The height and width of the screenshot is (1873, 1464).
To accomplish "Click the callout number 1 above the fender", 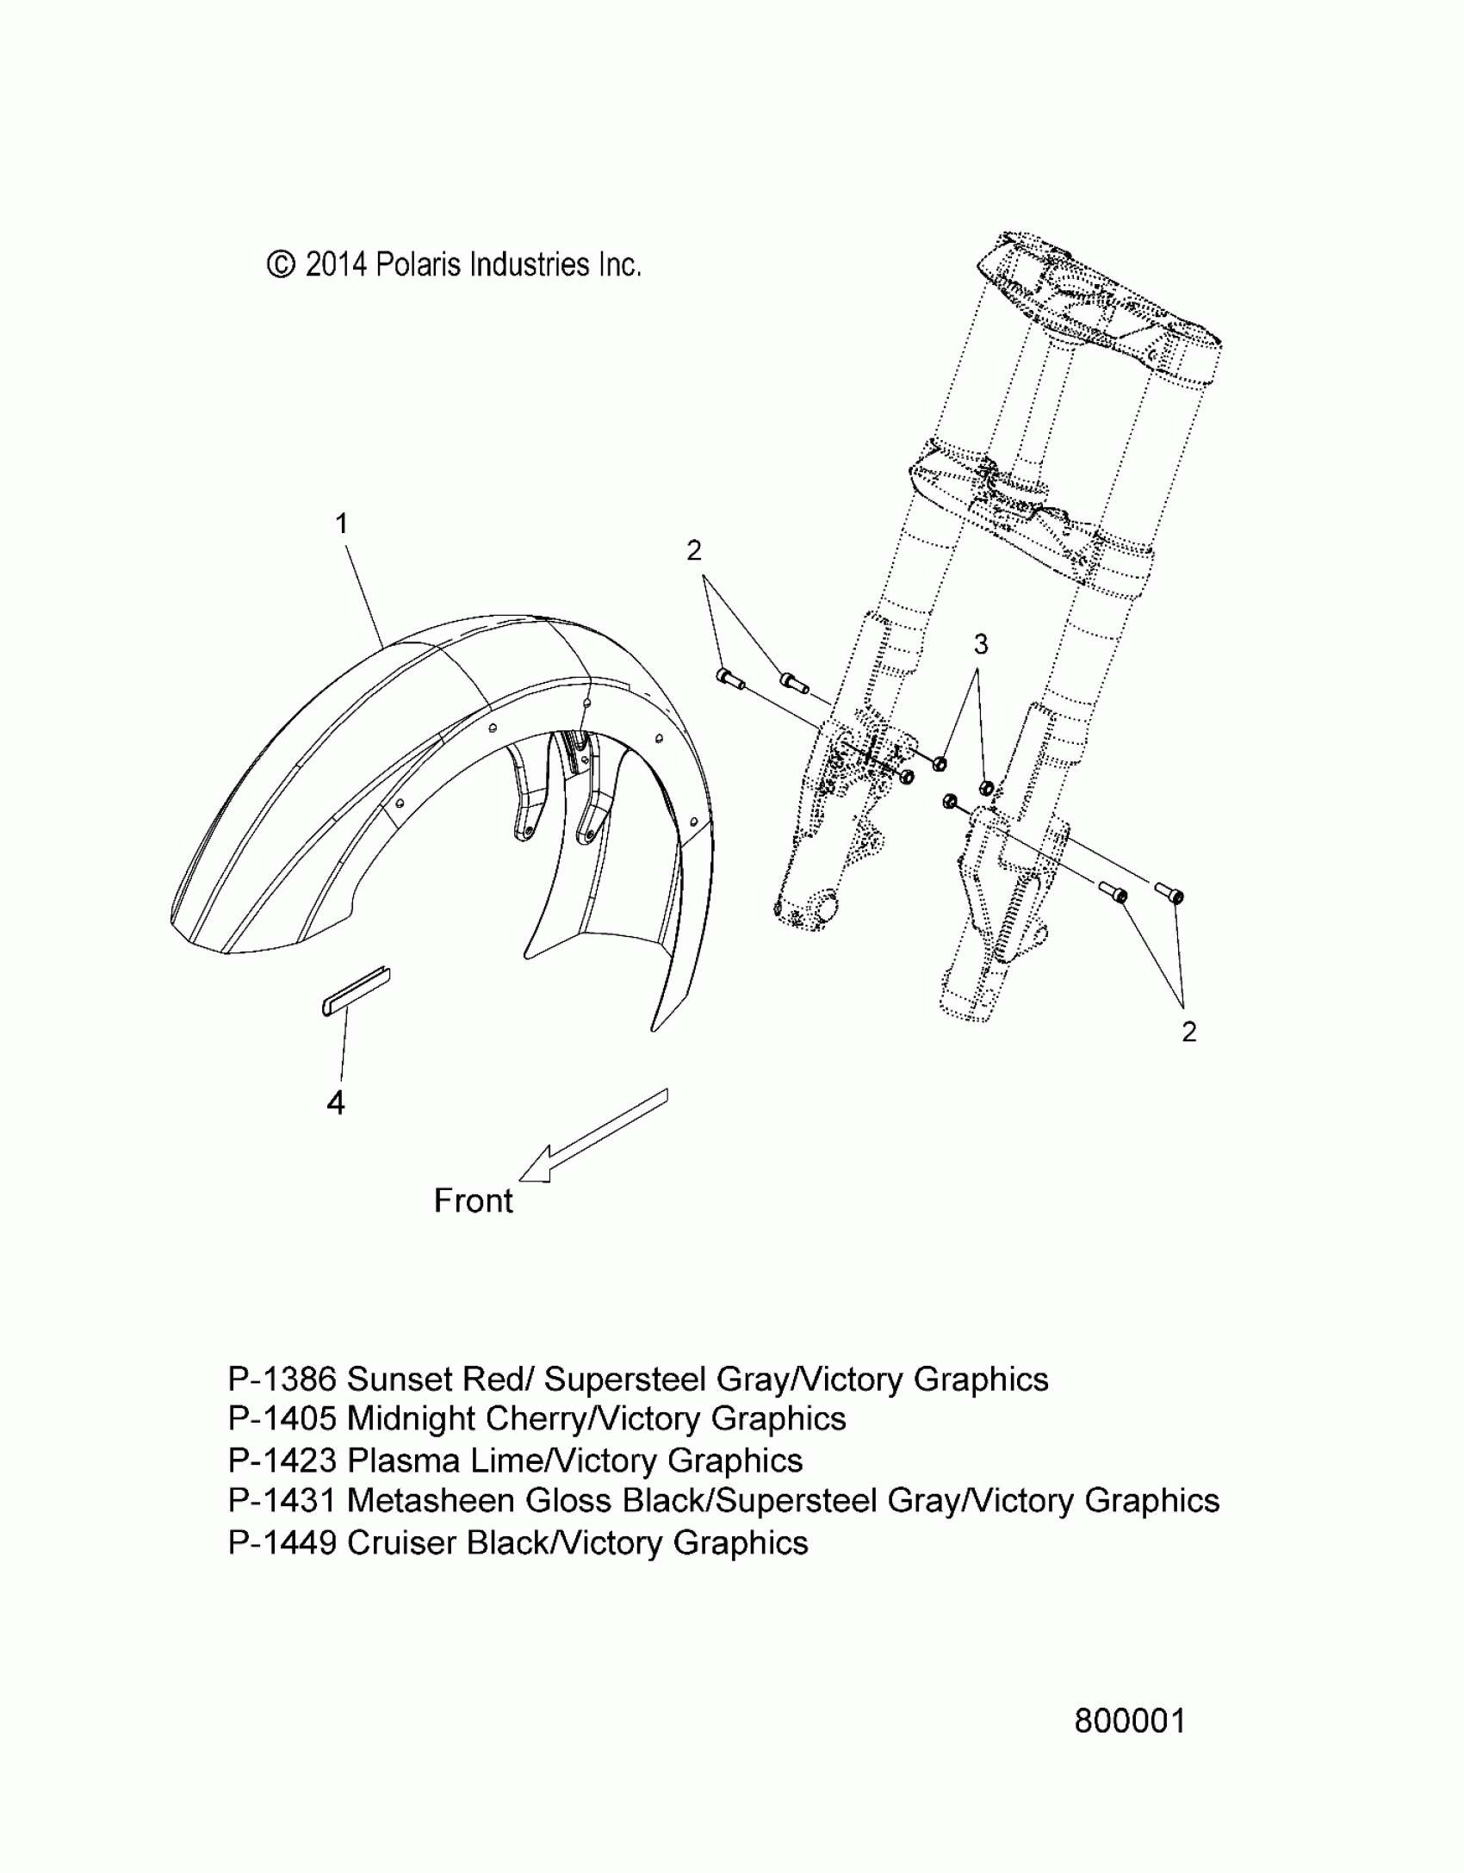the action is (x=342, y=524).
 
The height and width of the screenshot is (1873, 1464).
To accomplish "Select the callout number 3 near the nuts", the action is (x=980, y=643).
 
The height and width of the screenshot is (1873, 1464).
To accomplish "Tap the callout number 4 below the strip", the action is (x=336, y=1102).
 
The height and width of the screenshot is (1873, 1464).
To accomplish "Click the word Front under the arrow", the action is (x=473, y=1200).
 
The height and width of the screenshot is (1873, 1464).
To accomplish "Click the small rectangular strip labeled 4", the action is (x=357, y=991).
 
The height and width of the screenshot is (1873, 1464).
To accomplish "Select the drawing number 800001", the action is (x=1130, y=1721).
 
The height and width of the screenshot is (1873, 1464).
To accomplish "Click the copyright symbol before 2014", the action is (x=281, y=264).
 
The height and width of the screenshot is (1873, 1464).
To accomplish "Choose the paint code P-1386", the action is (x=282, y=1379).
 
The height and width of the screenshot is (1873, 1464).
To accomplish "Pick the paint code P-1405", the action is (x=282, y=1418).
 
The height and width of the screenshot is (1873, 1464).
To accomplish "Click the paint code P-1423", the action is (x=282, y=1461).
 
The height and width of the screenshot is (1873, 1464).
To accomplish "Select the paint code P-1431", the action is (x=282, y=1500).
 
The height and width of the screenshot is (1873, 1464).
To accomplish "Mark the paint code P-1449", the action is (x=282, y=1542).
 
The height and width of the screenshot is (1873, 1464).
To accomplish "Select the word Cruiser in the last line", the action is (x=401, y=1542).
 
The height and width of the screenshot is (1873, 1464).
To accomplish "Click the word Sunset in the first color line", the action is (x=400, y=1379).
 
